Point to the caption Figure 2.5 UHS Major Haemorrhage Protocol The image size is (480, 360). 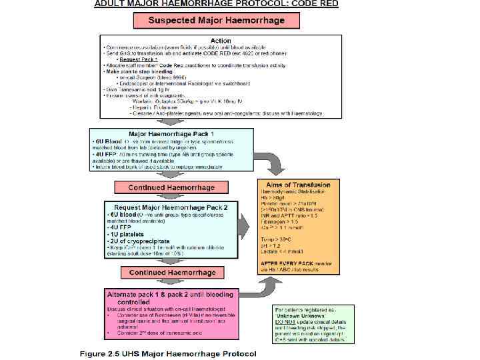point(167,353)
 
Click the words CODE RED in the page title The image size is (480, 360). point(316,3)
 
